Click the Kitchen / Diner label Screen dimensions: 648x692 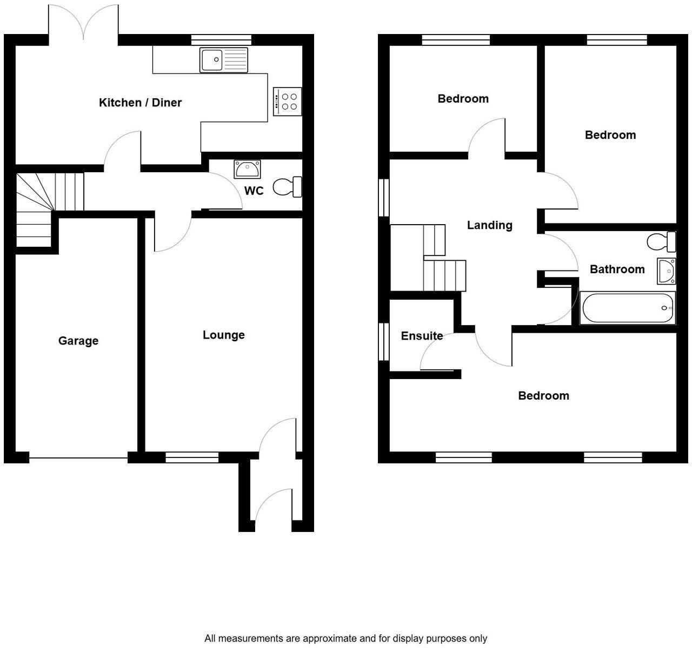[x=140, y=103]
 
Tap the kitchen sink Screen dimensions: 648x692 [x=223, y=60]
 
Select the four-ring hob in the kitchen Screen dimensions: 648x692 [x=287, y=102]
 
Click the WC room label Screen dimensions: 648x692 [x=254, y=191]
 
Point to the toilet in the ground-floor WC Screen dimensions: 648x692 [x=288, y=187]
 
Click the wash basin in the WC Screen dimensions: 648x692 [x=247, y=169]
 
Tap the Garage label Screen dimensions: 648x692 [x=78, y=341]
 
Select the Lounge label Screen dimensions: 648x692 [x=223, y=335]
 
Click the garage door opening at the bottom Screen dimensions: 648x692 [x=78, y=458]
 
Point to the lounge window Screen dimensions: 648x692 [x=192, y=458]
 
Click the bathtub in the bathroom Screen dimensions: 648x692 [x=628, y=308]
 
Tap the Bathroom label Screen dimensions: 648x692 [x=617, y=269]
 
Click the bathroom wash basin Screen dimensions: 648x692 [x=666, y=271]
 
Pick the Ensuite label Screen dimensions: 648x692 [x=422, y=336]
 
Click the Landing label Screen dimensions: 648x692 [x=489, y=225]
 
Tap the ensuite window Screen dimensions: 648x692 [x=384, y=341]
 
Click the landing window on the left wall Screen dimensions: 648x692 [x=384, y=198]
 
